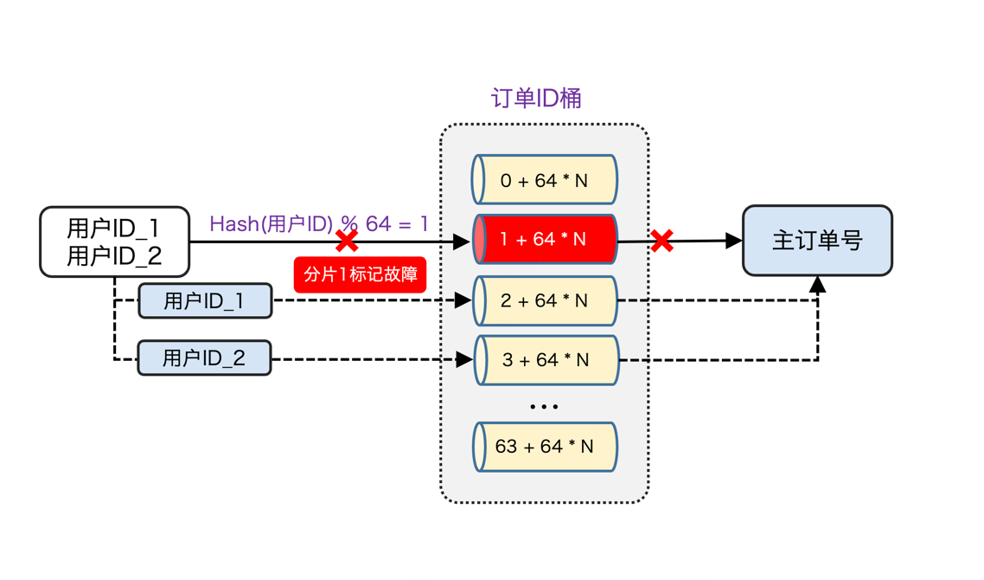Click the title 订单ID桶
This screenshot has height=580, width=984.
pyautogui.click(x=536, y=98)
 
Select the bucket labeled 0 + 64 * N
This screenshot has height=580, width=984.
pyautogui.click(x=545, y=180)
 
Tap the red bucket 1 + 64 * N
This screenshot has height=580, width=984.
pyautogui.click(x=545, y=239)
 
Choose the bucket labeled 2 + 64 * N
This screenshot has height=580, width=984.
pyautogui.click(x=545, y=300)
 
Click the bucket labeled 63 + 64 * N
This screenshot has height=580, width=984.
pyautogui.click(x=545, y=447)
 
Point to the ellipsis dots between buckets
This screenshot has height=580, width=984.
pyautogui.click(x=544, y=407)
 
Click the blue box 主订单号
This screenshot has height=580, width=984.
pyautogui.click(x=817, y=241)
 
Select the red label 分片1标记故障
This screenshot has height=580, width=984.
pyautogui.click(x=361, y=274)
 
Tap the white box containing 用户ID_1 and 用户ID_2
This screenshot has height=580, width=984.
pyautogui.click(x=115, y=242)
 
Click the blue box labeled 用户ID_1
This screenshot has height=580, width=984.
pyautogui.click(x=205, y=301)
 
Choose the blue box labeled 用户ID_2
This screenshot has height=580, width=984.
pyautogui.click(x=204, y=358)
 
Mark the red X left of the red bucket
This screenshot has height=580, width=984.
pyautogui.click(x=347, y=241)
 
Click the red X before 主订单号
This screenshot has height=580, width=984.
pyautogui.click(x=661, y=241)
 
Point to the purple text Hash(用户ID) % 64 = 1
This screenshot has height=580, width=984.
pyautogui.click(x=319, y=223)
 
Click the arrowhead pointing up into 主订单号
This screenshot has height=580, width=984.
pyautogui.click(x=817, y=285)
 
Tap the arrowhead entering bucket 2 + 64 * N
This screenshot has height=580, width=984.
pyautogui.click(x=463, y=300)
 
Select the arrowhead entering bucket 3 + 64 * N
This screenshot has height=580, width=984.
pyautogui.click(x=464, y=359)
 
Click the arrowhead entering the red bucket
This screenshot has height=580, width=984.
pyautogui.click(x=462, y=242)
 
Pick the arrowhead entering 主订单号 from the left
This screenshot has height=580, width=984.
pyautogui.click(x=733, y=241)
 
